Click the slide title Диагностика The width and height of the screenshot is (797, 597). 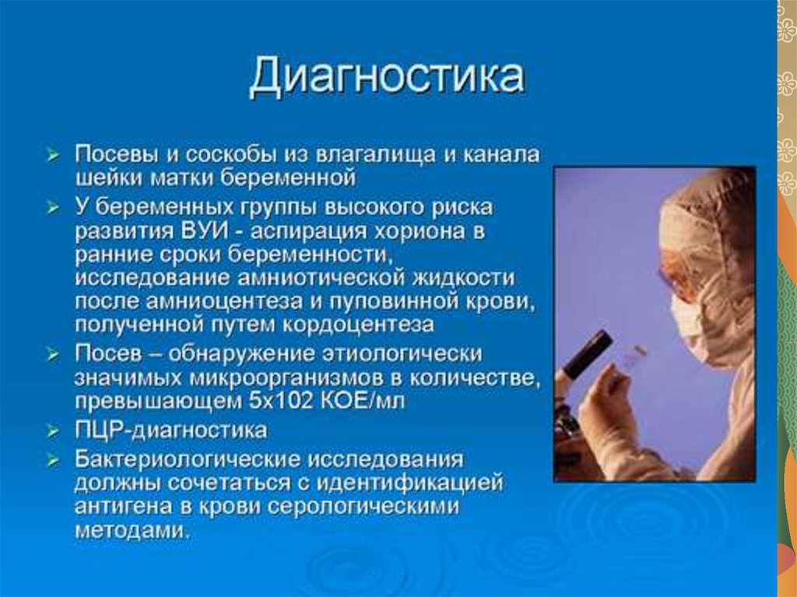coord(386,76)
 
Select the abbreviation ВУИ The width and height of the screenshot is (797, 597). coord(203,231)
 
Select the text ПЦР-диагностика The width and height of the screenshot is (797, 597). coord(170,430)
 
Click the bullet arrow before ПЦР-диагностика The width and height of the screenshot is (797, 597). coord(53,432)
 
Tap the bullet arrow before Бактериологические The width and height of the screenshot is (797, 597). coord(53,461)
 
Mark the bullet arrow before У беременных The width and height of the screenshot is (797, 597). coord(53,208)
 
